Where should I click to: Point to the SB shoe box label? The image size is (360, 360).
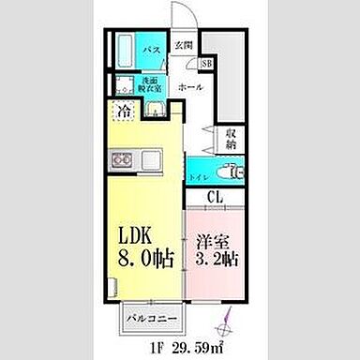pos(206,64)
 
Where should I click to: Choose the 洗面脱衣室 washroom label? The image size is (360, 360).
pos(153,84)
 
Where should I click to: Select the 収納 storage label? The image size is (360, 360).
pos(231,141)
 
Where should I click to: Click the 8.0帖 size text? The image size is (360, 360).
pos(142,260)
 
